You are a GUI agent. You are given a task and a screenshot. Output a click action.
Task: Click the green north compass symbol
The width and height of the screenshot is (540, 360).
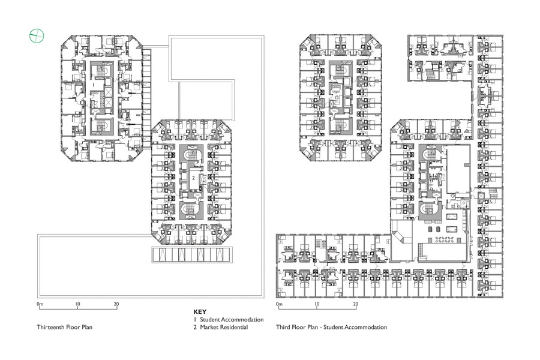point(37,35)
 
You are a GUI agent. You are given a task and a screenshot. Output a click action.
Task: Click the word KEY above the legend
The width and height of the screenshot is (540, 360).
point(200,312)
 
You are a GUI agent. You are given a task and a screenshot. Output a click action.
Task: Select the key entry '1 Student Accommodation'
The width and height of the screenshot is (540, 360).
point(229,320)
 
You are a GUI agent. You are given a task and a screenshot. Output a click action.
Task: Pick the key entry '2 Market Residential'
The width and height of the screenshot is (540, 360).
point(220,327)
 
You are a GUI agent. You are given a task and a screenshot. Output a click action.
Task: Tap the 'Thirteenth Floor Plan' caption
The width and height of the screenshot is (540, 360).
point(64,327)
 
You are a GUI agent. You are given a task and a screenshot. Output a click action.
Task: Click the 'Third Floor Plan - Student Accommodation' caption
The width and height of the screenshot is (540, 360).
point(331,327)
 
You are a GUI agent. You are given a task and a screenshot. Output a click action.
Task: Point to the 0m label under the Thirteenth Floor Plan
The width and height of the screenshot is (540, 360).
point(40,304)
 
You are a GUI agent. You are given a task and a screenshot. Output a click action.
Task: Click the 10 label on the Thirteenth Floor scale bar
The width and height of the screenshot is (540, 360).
point(77,304)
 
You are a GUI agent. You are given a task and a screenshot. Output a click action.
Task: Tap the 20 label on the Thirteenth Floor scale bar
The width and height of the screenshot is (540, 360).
point(116,304)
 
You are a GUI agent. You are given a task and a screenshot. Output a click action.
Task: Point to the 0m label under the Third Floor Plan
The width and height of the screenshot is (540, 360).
point(279,304)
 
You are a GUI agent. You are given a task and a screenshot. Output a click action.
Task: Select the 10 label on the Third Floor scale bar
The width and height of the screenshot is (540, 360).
point(317,304)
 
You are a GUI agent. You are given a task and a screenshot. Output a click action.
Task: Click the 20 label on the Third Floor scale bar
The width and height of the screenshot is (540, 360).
point(356,304)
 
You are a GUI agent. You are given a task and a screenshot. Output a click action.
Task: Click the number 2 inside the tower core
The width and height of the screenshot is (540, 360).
point(194,178)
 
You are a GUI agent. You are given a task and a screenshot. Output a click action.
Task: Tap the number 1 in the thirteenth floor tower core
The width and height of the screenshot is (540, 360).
point(94,84)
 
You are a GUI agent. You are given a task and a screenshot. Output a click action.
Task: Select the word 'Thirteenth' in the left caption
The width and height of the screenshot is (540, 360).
point(50,327)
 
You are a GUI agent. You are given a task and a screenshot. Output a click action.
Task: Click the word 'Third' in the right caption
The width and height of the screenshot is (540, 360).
point(283,327)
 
